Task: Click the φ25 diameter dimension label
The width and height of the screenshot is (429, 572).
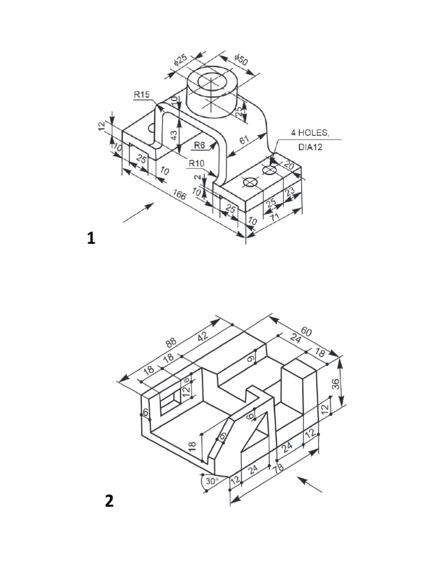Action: point(180,61)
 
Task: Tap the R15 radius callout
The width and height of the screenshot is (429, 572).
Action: point(142,95)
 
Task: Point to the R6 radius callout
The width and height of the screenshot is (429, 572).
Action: point(199,145)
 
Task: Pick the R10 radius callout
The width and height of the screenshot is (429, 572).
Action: point(196,163)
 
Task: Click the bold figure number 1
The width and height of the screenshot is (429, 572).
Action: point(91,239)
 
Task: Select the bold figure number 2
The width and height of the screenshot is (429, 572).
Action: point(109,501)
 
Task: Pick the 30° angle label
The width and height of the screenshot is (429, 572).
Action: point(211,481)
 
